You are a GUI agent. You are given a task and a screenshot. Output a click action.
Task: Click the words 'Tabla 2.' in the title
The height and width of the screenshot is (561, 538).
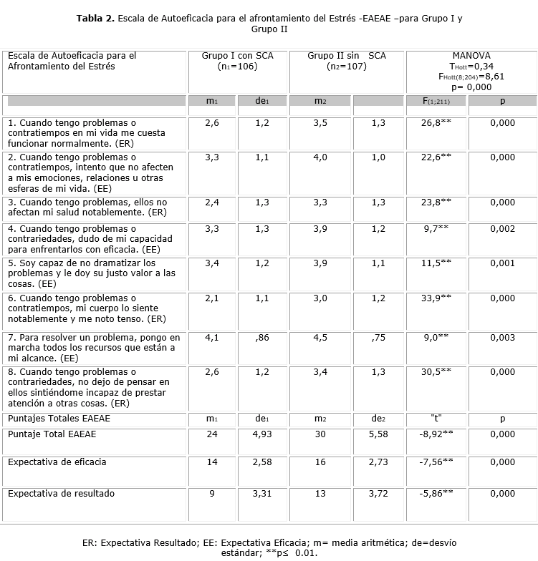click(x=95, y=18)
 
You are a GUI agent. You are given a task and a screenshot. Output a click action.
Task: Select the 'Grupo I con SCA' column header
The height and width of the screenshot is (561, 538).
click(x=237, y=61)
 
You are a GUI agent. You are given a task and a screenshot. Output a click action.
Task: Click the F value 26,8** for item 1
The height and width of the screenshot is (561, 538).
click(x=436, y=123)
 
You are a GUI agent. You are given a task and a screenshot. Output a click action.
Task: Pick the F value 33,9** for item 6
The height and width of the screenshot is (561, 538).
click(x=436, y=298)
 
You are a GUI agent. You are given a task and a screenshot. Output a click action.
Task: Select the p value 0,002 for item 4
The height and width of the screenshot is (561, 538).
click(x=502, y=228)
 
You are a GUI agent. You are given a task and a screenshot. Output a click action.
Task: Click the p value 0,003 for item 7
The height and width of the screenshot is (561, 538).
click(x=502, y=336)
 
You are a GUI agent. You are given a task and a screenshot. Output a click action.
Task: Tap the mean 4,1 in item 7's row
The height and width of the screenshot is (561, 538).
click(x=212, y=336)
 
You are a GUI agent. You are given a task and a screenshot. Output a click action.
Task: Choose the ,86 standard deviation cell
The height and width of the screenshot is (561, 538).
click(x=262, y=336)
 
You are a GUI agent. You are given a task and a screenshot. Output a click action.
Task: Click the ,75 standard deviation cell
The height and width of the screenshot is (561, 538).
click(x=378, y=336)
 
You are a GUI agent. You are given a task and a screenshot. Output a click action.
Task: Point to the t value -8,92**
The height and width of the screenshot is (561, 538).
click(x=436, y=434)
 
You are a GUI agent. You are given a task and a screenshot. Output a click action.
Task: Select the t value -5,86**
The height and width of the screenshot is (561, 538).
click(x=436, y=493)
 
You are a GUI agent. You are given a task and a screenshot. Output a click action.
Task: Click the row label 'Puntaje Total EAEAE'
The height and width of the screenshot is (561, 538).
click(x=52, y=434)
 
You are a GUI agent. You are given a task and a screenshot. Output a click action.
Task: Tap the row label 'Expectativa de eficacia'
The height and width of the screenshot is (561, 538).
click(x=57, y=462)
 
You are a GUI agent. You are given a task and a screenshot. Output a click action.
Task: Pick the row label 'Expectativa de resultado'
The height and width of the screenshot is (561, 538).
click(x=61, y=493)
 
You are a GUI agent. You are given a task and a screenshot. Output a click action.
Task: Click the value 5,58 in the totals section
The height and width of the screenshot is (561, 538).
click(x=378, y=434)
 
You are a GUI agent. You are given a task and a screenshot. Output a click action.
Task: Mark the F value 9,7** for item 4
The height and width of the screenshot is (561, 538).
click(x=436, y=228)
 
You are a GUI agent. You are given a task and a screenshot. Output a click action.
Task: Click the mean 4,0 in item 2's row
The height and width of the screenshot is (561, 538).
click(x=320, y=157)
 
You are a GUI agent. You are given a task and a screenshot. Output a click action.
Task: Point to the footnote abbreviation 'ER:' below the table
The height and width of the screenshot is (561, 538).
click(x=90, y=543)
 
